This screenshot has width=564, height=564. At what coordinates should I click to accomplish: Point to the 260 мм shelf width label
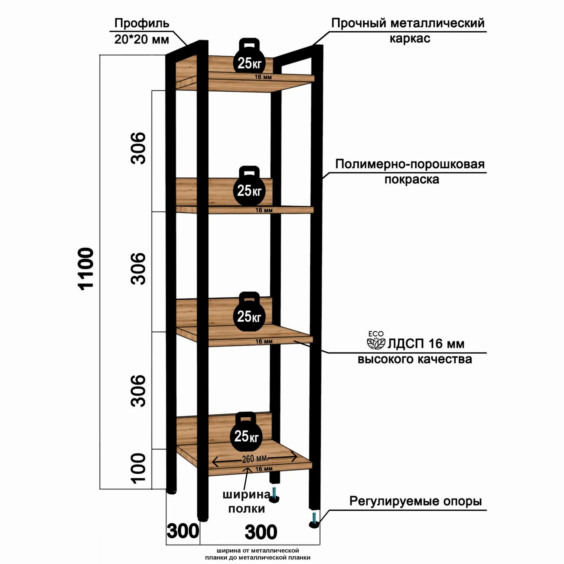tap(255, 459)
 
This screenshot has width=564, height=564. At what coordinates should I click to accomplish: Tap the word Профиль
tap(142, 23)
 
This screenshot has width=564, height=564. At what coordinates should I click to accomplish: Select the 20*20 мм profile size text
tap(142, 39)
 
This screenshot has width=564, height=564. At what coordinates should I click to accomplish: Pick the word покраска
tap(412, 179)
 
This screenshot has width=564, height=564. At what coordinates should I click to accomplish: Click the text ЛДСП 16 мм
tap(426, 343)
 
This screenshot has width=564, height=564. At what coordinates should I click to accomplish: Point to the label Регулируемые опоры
tap(415, 501)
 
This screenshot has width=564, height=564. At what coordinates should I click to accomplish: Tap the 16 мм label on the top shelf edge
tap(263, 77)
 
